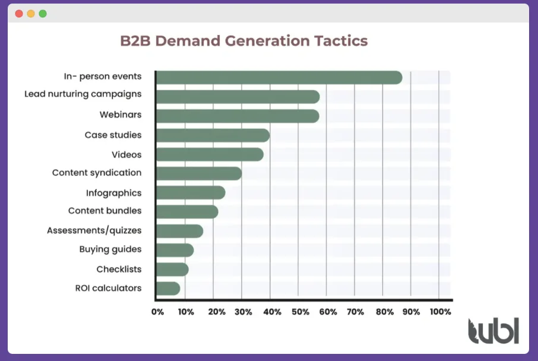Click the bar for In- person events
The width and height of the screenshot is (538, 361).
[279, 78]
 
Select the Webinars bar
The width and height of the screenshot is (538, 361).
[238, 116]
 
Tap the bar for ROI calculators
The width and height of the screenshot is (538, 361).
[168, 289]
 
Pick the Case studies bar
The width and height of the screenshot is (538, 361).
[213, 135]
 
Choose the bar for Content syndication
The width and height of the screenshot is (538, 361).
[199, 173]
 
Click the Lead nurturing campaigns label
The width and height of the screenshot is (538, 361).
[83, 94]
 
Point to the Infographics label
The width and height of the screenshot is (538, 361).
[113, 193]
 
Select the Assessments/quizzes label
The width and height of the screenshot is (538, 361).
[94, 230]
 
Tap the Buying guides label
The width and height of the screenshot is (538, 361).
[110, 249]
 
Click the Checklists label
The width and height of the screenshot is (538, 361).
[119, 270]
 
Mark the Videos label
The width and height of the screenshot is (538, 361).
[126, 155]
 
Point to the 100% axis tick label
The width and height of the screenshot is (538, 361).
[440, 312]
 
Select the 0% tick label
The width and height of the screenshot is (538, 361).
[157, 312]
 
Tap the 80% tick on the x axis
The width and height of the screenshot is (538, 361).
[383, 312]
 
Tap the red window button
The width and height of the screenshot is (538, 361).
[19, 13]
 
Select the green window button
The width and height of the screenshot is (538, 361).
[43, 13]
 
